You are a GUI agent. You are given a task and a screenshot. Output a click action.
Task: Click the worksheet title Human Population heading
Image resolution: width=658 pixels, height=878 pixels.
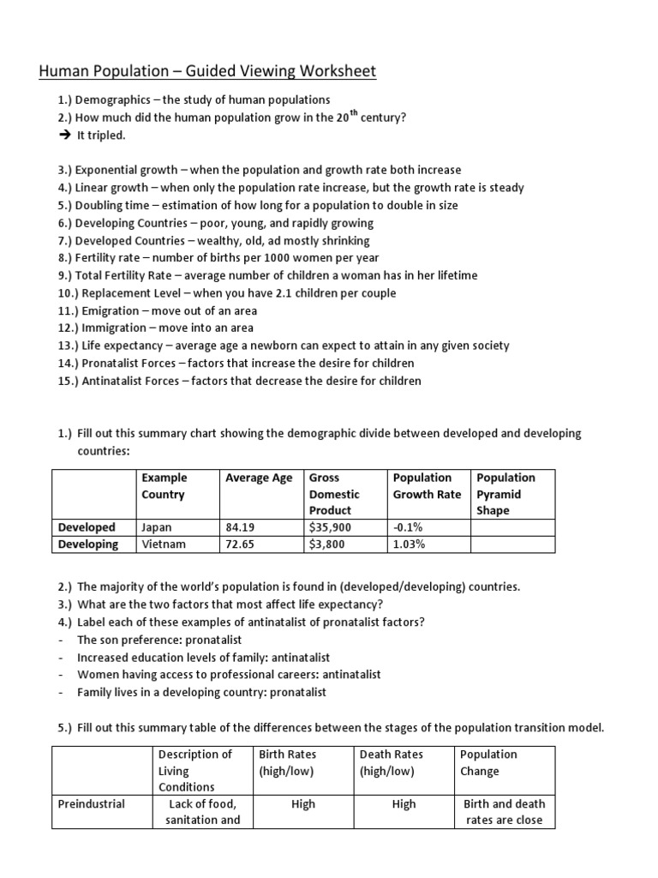206,71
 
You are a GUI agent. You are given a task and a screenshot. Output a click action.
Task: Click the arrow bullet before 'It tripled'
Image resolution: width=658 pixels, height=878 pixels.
63,135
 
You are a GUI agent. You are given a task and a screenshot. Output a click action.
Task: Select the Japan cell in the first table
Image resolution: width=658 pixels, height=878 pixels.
156,527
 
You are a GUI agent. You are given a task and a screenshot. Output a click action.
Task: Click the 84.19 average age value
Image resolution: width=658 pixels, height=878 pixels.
241,527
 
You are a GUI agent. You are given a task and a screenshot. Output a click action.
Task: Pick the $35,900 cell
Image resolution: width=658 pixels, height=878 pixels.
330,527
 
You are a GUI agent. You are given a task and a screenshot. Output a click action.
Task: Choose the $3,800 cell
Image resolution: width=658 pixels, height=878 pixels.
327,544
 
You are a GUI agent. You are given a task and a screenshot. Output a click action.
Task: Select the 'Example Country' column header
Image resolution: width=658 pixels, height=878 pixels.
164,486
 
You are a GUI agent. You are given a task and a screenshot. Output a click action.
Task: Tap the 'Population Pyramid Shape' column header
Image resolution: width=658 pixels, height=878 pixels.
505,494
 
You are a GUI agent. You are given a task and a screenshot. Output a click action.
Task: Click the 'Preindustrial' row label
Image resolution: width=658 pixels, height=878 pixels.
91,804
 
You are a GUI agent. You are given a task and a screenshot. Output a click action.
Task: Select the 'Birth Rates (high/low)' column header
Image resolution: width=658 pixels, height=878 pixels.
288,762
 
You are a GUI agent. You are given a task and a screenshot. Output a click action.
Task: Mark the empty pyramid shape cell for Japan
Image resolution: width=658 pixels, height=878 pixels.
512,527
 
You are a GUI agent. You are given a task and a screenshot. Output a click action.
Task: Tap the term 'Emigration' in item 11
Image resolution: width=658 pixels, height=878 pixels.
119,310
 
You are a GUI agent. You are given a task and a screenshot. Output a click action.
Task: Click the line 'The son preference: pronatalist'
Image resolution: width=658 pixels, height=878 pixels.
159,640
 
